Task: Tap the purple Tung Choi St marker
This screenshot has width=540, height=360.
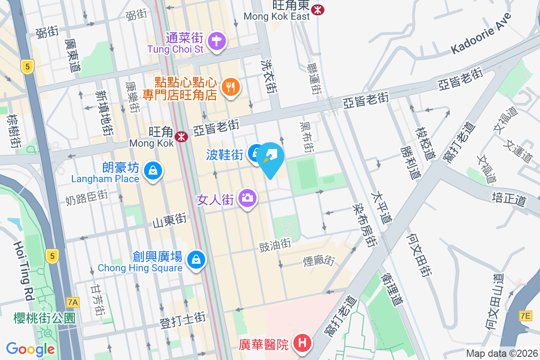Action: tap(217, 41)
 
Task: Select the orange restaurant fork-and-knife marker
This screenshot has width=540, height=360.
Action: tap(231, 87)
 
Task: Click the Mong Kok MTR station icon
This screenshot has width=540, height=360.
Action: tap(181, 135)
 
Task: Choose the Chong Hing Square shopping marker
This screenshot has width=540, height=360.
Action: tap(196, 260)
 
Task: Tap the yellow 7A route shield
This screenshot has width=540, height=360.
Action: tap(72, 302)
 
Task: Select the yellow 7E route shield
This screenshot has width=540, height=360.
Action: tap(525, 315)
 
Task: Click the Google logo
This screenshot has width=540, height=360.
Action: tap(31, 349)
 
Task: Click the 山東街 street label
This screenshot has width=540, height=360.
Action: tap(170, 220)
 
